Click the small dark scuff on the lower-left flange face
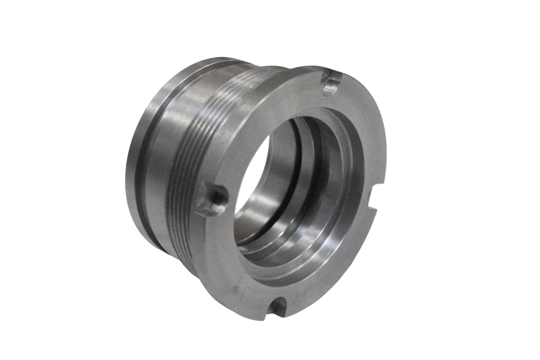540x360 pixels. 235,291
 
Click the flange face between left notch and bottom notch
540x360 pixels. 226,257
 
